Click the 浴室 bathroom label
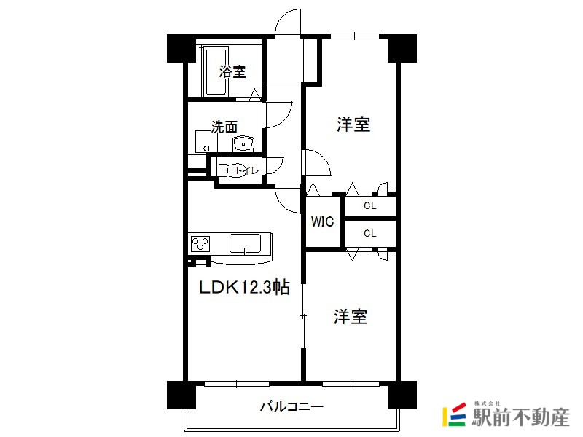(232, 71)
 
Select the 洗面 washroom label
(224, 127)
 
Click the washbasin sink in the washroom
(243, 143)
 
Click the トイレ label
(247, 170)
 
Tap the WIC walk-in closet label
(322, 221)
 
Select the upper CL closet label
(370, 205)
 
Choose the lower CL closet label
(370, 233)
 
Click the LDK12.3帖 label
(244, 287)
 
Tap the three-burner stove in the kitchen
(200, 244)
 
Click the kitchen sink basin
(245, 243)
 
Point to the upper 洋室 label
(353, 125)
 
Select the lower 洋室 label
(351, 316)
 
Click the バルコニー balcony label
(291, 406)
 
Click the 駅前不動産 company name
(520, 417)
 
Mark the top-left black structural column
(181, 48)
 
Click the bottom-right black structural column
(402, 395)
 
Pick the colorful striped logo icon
(454, 414)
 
